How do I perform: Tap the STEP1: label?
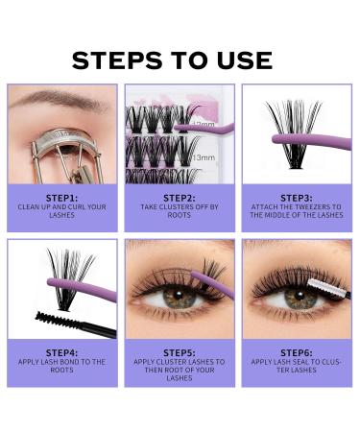tap(62, 198)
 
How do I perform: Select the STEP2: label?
tap(180, 198)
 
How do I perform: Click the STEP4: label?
tap(62, 352)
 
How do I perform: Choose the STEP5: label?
tap(180, 352)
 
